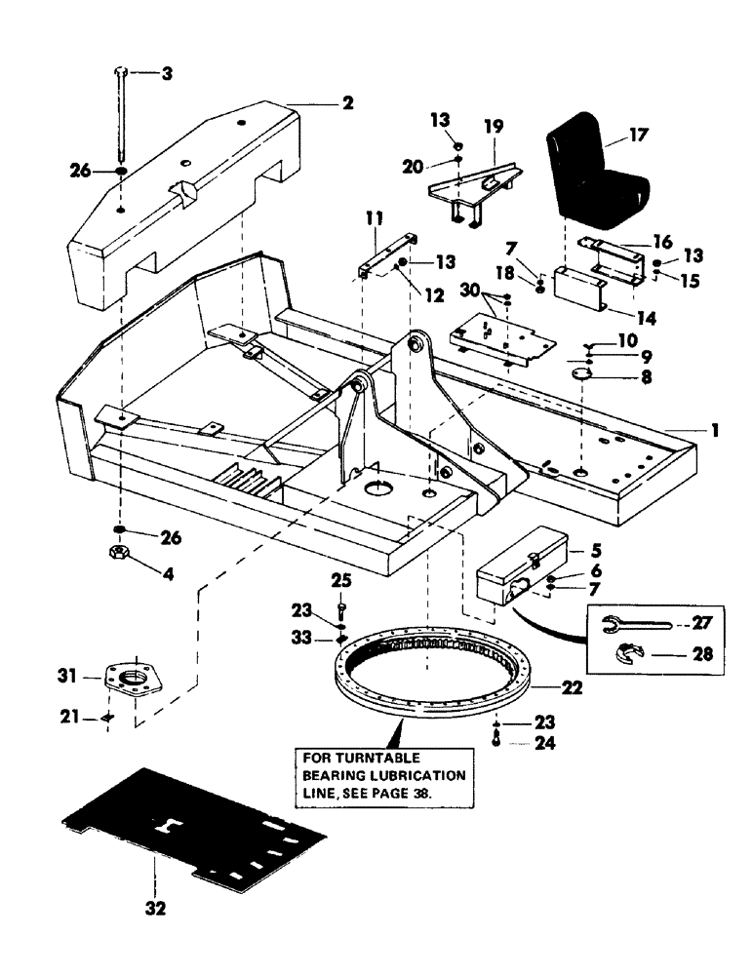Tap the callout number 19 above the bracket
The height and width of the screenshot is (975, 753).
pyautogui.click(x=494, y=126)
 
